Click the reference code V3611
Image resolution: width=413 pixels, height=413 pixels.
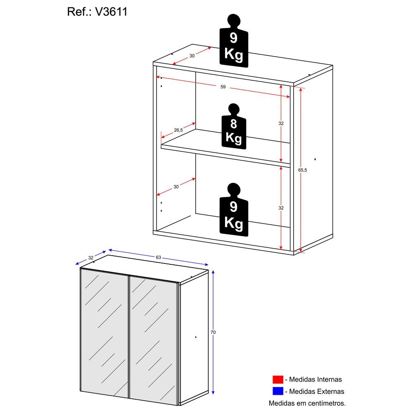point(111,12)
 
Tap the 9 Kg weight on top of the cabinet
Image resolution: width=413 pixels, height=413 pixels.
point(234,41)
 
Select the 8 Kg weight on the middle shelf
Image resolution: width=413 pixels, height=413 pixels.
point(234,126)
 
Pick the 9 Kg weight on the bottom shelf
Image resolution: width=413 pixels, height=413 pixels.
point(234,210)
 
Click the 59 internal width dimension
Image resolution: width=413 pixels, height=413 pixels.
point(223,87)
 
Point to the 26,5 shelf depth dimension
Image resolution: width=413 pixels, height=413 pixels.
point(178,130)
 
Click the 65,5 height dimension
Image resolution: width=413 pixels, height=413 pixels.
point(303,170)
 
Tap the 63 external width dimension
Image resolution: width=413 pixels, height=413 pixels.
point(158,257)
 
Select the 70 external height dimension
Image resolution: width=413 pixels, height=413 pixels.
point(213,332)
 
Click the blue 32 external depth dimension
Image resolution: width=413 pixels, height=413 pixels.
point(91,258)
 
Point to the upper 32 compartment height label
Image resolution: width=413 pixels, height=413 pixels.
point(281,123)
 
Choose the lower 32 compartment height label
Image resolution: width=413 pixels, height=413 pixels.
point(281,208)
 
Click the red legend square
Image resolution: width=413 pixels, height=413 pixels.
point(278,379)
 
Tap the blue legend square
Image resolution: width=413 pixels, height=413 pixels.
point(278,391)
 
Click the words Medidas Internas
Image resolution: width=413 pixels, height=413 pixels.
point(315,379)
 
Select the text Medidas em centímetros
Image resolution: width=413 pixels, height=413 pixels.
point(307,403)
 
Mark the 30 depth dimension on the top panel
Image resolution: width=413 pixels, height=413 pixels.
point(192,56)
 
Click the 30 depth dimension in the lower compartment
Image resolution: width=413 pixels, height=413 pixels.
point(176,187)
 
